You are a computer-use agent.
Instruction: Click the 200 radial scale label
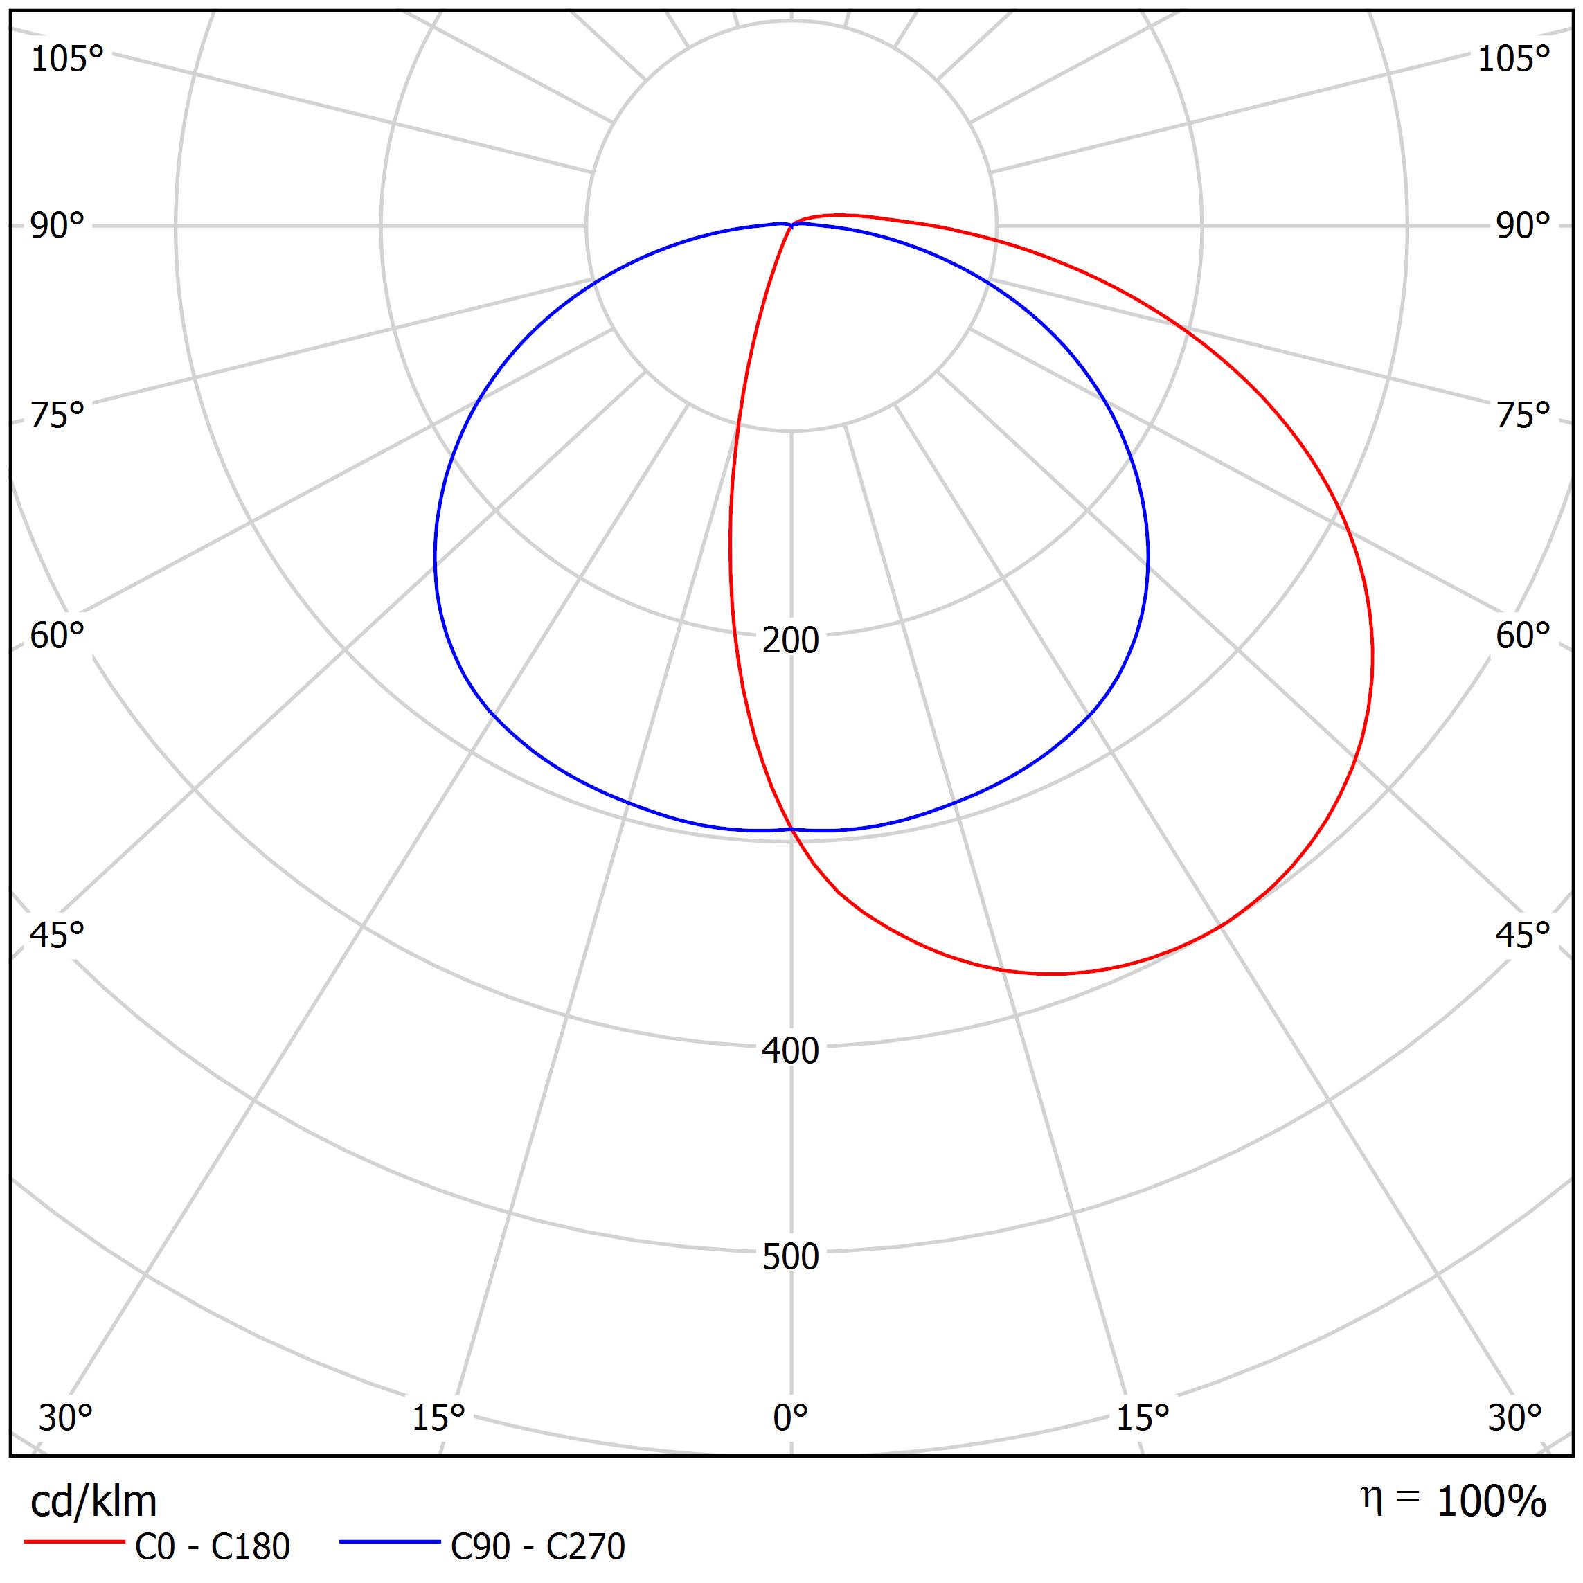790,640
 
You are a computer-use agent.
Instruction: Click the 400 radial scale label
790,1050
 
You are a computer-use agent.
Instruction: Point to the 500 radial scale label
790,1256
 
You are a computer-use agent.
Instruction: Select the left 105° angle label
67,59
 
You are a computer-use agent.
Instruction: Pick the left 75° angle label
57,415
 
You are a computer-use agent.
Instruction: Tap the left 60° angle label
57,635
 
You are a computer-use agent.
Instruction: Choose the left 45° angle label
57,934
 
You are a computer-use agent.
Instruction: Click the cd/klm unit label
93,1501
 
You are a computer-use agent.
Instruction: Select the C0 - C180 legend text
212,1546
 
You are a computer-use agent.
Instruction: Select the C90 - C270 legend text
537,1546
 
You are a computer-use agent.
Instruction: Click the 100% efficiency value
1491,1502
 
